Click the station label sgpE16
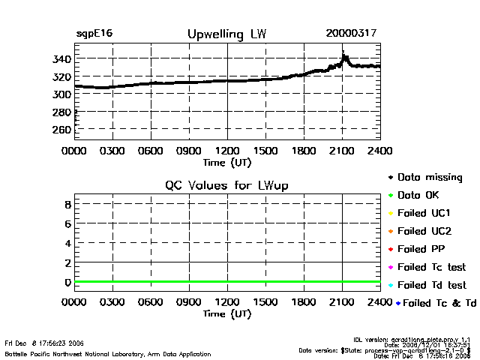[x=94, y=34]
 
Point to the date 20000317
[x=351, y=34]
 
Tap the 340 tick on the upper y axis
[x=61, y=59]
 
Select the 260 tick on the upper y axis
[x=61, y=130]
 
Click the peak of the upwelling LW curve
[x=344, y=55]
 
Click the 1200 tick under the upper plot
[x=227, y=151]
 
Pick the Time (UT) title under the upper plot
[x=227, y=161]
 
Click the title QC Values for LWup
[x=226, y=185]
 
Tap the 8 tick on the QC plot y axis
[x=67, y=204]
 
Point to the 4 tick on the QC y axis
[x=67, y=243]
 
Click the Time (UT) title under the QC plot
[x=227, y=313]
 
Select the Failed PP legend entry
[x=424, y=249]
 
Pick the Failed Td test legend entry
[x=431, y=285]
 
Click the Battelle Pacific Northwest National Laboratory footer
[x=108, y=353]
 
